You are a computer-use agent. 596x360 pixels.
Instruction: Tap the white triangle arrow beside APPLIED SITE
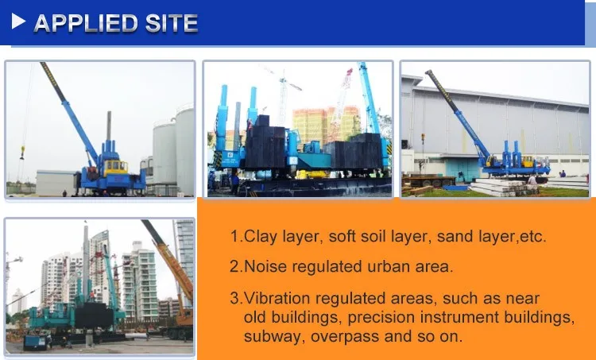pos(17,23)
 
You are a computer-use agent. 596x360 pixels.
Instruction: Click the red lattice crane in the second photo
pos(343,95)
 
